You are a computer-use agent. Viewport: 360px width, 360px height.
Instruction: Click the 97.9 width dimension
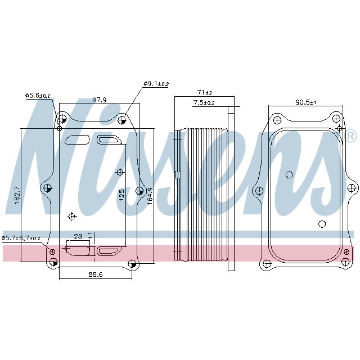pos(100,100)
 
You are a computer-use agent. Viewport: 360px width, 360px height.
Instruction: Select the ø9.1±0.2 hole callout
pos(156,84)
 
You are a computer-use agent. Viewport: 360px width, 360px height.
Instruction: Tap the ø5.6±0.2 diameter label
pos(38,96)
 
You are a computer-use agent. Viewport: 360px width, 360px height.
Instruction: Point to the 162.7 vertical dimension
pos(17,196)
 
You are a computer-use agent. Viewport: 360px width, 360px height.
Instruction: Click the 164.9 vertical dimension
pos(150,196)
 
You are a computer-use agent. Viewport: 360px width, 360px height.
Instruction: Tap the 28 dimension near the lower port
pos(78,236)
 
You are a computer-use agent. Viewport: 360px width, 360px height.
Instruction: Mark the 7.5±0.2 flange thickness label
pos(204,102)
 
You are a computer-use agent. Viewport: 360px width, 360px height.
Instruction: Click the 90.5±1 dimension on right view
pos(307,102)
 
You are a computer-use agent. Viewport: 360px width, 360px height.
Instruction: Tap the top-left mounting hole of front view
pos(62,119)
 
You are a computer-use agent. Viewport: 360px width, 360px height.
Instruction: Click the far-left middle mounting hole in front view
pos(47,188)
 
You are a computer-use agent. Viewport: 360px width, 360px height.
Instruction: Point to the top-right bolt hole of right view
pos(336,119)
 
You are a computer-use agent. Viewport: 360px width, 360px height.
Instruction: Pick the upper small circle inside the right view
pos(289,174)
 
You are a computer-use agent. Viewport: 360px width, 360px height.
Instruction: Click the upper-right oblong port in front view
pos(107,139)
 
